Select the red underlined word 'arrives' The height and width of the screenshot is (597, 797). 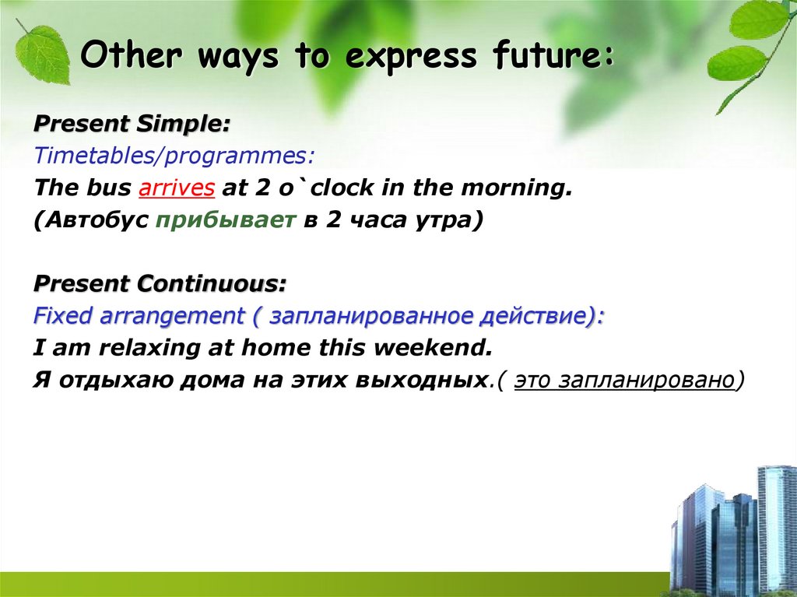point(177,188)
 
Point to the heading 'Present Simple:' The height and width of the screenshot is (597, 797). point(132,124)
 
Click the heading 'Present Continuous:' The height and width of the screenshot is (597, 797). point(160,284)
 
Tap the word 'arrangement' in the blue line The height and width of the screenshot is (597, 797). point(172,316)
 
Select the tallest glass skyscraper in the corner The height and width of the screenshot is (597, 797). point(775,529)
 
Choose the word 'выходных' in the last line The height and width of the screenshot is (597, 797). point(420,381)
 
